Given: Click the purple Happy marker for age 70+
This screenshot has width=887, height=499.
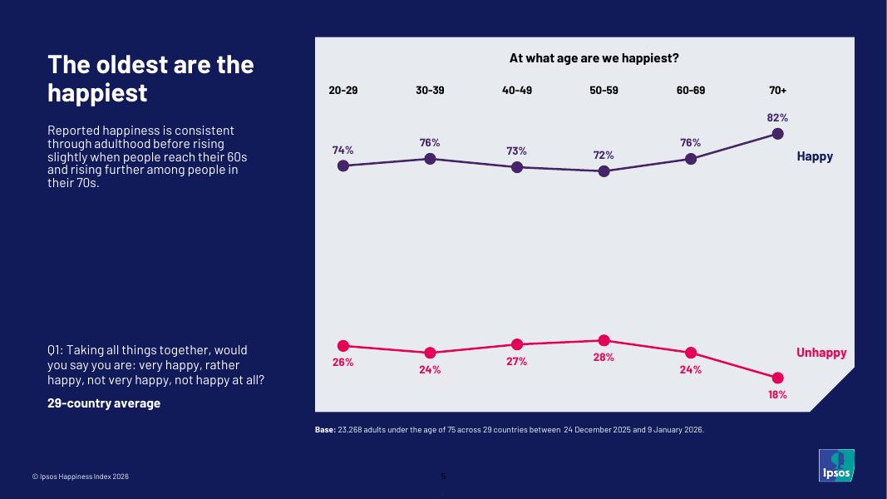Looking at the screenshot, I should point(777,134).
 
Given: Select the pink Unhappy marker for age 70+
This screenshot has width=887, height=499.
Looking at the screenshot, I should point(777,378).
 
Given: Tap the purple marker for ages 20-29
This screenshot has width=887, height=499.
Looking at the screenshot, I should point(343,166).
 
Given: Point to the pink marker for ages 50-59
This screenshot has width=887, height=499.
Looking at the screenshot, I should point(604,340).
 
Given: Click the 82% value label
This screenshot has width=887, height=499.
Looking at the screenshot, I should point(777,118).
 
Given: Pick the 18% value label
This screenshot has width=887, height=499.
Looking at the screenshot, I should point(777,395).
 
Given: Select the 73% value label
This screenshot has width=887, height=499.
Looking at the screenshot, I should point(517,151).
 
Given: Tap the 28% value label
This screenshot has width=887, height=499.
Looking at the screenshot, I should point(604,358).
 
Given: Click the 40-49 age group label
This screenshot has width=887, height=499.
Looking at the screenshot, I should point(517,90).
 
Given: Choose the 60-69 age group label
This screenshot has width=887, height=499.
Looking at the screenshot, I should point(691,90).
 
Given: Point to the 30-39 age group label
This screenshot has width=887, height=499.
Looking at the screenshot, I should point(430,90).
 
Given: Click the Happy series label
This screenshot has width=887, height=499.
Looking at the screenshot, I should point(815,156).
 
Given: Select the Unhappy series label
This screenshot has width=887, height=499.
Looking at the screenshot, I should point(821,353).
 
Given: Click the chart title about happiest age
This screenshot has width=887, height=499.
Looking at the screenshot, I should point(594,58).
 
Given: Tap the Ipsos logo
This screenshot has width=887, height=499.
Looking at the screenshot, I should point(836,465).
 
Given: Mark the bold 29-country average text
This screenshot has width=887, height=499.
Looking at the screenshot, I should point(104,403).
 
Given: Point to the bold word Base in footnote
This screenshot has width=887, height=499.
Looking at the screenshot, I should point(324,430).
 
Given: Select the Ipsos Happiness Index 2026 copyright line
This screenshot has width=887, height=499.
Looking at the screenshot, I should point(81,477).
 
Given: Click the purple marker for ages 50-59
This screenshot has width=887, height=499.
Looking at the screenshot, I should point(604,171).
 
